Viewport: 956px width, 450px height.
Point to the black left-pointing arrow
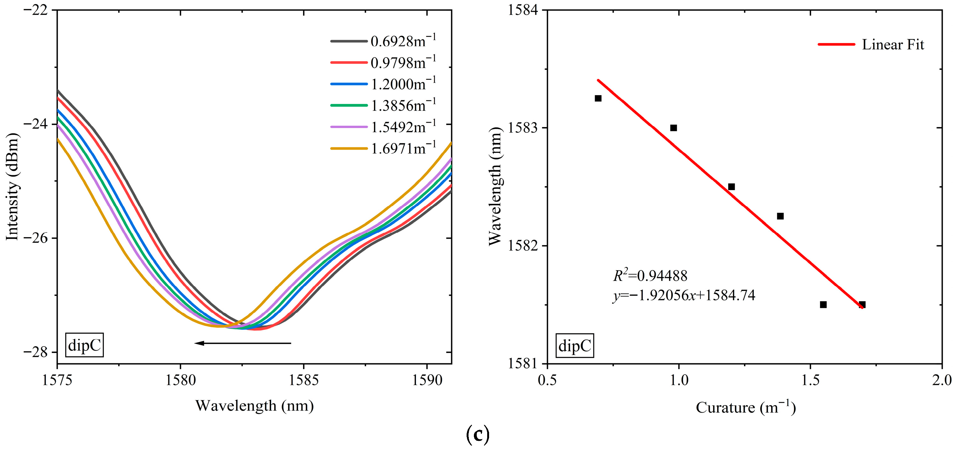click(x=243, y=343)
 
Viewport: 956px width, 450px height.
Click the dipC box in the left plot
click(x=84, y=345)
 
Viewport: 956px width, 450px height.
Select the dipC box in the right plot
click(x=574, y=345)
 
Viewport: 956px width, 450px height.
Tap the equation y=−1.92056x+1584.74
click(x=684, y=295)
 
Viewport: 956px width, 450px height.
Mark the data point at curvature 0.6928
click(x=598, y=98)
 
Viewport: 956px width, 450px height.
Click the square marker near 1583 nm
click(x=674, y=128)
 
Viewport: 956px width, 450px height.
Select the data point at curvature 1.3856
click(x=780, y=216)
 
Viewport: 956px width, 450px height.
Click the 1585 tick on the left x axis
click(x=304, y=381)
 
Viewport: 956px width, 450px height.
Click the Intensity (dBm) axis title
click(x=12, y=187)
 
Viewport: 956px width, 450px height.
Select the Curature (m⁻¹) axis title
click(x=746, y=408)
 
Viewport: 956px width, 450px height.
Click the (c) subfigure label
click(x=477, y=435)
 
